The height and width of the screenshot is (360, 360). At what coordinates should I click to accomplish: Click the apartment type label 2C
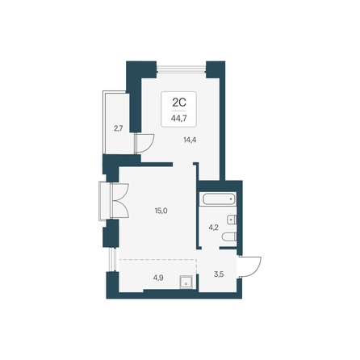click(179, 103)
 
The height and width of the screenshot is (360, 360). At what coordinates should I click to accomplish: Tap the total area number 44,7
click(179, 118)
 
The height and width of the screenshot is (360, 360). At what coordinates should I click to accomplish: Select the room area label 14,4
click(190, 140)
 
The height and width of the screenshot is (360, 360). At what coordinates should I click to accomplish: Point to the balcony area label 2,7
click(119, 128)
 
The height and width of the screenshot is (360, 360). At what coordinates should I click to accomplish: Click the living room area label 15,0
click(161, 211)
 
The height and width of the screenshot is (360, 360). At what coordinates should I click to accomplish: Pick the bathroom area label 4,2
click(214, 228)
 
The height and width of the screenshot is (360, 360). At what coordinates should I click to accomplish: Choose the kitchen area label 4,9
click(158, 278)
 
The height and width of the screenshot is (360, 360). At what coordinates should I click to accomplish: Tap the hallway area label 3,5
click(219, 274)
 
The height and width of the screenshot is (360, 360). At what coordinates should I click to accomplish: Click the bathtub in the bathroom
click(219, 199)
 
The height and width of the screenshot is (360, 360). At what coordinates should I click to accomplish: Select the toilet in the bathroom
click(229, 237)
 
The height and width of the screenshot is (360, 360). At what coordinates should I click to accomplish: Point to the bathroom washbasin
click(232, 220)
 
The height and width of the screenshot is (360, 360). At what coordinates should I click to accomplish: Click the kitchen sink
click(186, 283)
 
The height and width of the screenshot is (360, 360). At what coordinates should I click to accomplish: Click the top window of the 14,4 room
click(182, 69)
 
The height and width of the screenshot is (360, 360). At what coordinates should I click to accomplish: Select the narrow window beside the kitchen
click(112, 260)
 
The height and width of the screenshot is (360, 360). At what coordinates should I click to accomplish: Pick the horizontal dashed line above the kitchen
click(158, 260)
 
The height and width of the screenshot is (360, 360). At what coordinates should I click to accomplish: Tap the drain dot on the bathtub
click(231, 199)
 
